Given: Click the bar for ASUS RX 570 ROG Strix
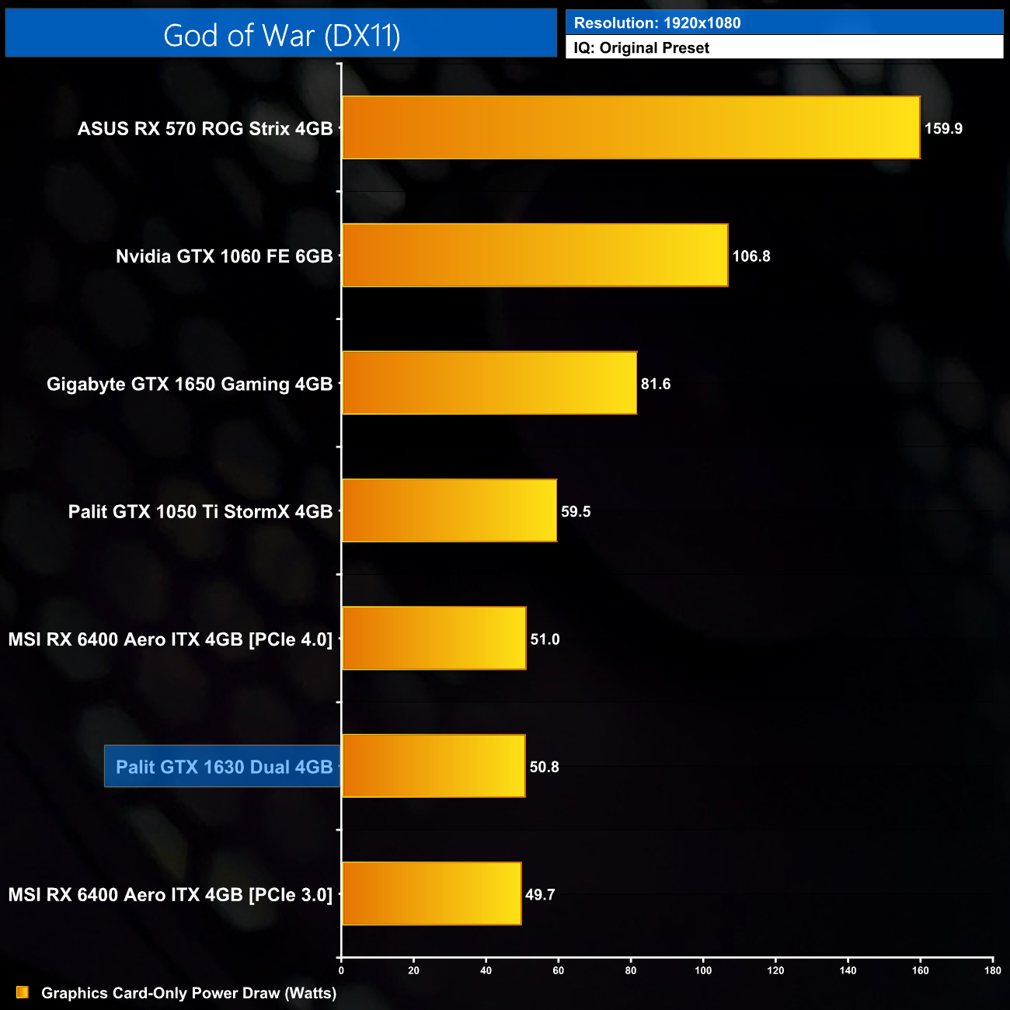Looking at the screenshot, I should pos(631,127).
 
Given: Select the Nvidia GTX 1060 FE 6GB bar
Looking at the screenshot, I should pos(535,256).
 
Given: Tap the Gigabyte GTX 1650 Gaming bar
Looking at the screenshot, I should pos(489,383).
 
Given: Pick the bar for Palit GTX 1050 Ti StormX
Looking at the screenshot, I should pos(449,510).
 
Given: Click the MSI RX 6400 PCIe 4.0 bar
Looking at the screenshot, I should pos(434,638).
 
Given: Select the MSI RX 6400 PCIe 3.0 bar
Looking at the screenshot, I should pos(431,893).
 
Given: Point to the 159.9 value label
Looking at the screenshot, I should pos(943,129).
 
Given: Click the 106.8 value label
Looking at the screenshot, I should pos(751,256).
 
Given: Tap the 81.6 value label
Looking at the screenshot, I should pos(656,384).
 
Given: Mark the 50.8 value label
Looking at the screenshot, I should pos(544,767).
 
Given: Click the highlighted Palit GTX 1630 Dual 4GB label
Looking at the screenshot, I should pos(224,767).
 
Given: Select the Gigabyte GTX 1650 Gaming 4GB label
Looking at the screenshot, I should pos(190,384).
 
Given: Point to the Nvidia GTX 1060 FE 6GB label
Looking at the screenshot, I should pos(224,256).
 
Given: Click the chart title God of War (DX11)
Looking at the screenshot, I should pos(281,35).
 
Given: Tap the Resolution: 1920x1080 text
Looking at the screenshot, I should pos(657,23).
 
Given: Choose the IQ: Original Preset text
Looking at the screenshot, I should pos(642,47).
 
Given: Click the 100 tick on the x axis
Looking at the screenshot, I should pos(703,970).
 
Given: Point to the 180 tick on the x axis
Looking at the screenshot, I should pos(992,970).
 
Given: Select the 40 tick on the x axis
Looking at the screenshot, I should pos(486,970).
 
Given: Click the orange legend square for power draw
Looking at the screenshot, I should pos(22,992).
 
